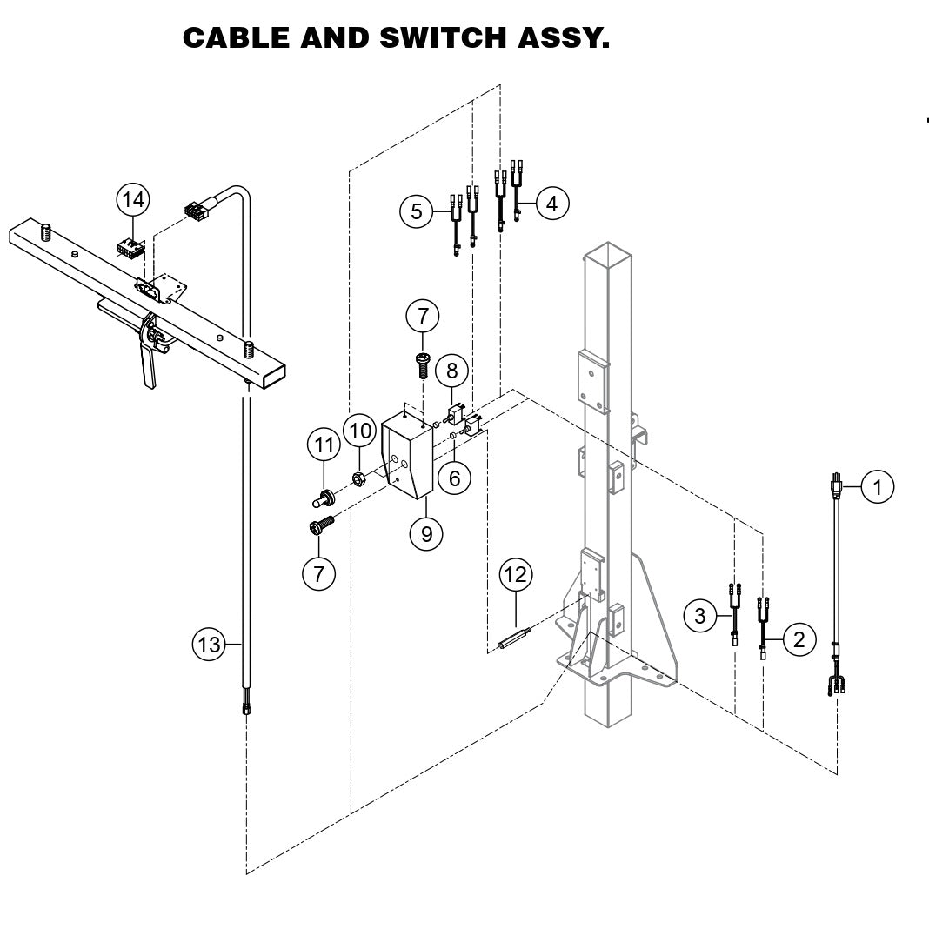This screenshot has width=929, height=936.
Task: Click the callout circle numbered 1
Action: click(x=878, y=487)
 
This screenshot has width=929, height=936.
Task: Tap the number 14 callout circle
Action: click(x=133, y=199)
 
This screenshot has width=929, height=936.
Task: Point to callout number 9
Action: click(x=426, y=533)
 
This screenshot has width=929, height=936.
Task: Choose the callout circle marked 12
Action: click(x=516, y=574)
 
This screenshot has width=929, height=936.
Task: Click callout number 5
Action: click(x=418, y=210)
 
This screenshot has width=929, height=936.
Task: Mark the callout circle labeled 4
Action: click(x=551, y=203)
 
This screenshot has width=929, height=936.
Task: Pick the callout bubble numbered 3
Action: click(x=700, y=617)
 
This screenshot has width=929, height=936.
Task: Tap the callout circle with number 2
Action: click(x=799, y=639)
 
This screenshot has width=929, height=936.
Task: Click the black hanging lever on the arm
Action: click(x=149, y=365)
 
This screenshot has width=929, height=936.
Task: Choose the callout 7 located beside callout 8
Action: click(x=423, y=315)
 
